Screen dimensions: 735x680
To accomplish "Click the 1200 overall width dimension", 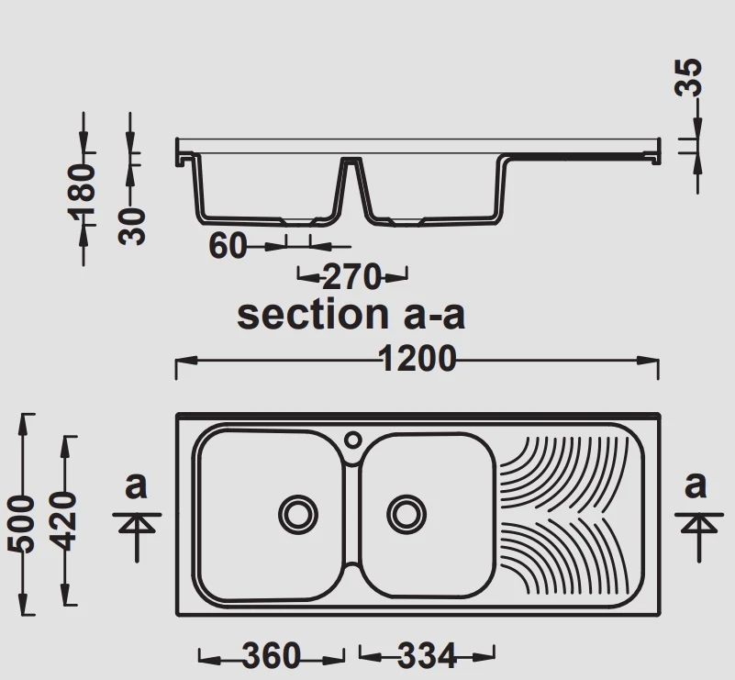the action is (x=418, y=359).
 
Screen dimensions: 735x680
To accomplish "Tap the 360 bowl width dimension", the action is (x=271, y=655).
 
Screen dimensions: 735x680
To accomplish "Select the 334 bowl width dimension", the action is (x=427, y=655).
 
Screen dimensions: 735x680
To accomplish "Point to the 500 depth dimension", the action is (x=21, y=523).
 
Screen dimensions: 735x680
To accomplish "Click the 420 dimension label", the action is (x=62, y=520).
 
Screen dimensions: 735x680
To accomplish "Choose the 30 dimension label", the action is (x=132, y=227).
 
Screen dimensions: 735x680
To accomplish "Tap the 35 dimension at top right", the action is (x=688, y=77).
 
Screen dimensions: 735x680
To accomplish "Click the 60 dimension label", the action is (x=228, y=246).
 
